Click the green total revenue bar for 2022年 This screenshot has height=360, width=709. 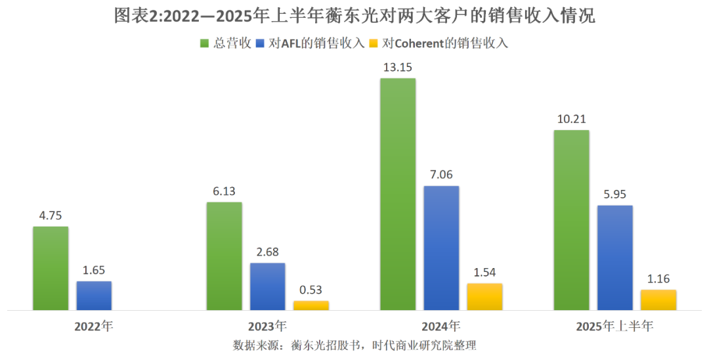pos(51,268)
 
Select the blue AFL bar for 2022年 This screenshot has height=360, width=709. pos(94,296)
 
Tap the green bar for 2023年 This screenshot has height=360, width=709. pos(224,256)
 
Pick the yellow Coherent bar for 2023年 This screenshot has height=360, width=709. pos(311,305)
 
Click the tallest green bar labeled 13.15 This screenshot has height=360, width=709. pos(398,194)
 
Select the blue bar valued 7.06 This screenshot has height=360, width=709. pos(441,248)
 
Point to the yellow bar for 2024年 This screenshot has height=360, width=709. pos(484,296)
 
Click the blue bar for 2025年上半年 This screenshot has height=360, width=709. pos(615,258)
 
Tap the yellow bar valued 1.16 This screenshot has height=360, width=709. pos(658,300)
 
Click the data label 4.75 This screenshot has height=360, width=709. pos(51,215)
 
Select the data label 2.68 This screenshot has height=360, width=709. pos(267,252)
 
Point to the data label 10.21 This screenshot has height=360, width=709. pos(571,119)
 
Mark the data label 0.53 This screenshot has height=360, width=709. pos(311,290)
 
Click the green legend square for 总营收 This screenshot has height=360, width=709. pos(204,43)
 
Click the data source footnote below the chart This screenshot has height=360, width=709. pos(354,345)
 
